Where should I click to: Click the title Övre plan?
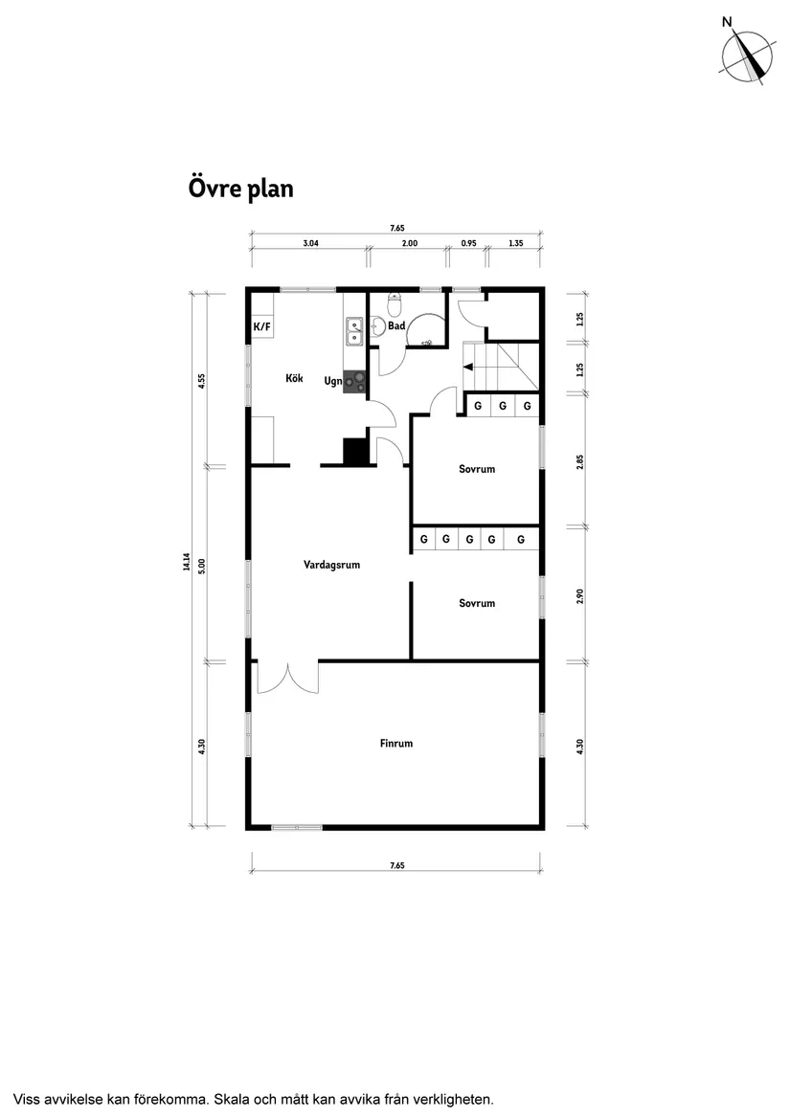(240, 189)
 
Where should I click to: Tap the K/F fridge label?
(261, 327)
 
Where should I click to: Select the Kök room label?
(294, 378)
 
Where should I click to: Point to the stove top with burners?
(355, 382)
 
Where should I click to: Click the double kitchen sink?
(354, 330)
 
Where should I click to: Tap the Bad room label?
(396, 326)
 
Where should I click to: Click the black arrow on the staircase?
(468, 366)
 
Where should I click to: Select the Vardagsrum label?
(331, 565)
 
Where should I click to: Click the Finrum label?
(395, 743)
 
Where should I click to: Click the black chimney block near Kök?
(355, 451)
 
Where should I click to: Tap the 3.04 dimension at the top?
(310, 244)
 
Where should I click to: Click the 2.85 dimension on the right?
(580, 461)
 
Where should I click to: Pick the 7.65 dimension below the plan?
(397, 865)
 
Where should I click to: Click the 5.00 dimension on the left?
(201, 566)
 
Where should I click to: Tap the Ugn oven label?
(332, 381)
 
